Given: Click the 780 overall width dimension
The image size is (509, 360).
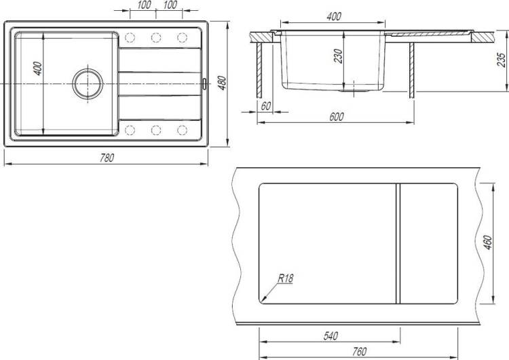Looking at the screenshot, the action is pyautogui.click(x=107, y=158).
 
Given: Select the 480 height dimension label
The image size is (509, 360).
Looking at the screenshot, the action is pyautogui.click(x=222, y=83).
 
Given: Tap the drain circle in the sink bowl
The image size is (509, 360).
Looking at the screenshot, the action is pyautogui.click(x=88, y=84).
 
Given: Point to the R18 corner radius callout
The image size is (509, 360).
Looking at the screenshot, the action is pyautogui.click(x=286, y=278).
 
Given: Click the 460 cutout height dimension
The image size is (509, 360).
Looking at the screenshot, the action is pyautogui.click(x=488, y=242).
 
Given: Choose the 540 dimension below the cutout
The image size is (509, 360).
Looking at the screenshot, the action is pyautogui.click(x=331, y=336).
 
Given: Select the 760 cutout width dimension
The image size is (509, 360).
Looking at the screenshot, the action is pyautogui.click(x=359, y=352).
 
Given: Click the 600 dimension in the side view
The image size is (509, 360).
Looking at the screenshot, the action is pyautogui.click(x=337, y=117).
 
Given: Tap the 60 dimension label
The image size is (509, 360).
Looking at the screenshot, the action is pyautogui.click(x=265, y=106).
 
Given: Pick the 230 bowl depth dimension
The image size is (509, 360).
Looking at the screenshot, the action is pyautogui.click(x=338, y=56).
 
